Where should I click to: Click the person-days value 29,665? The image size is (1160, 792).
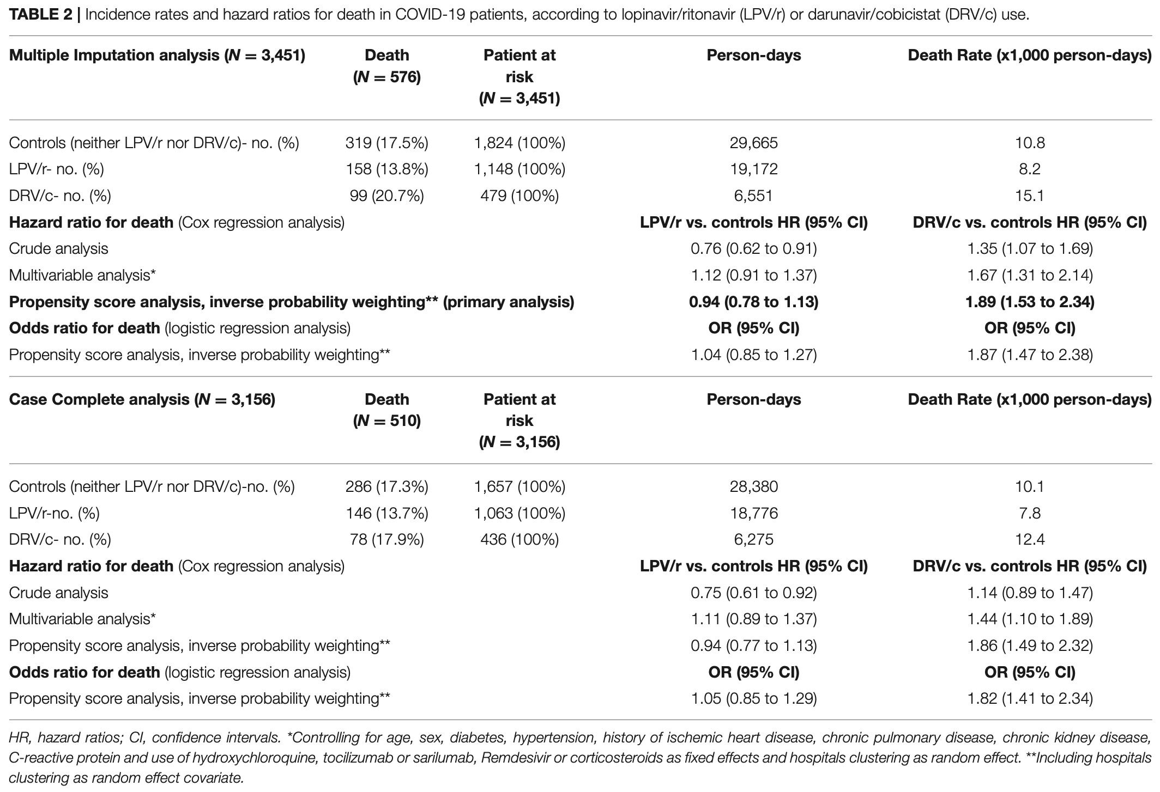tap(753, 143)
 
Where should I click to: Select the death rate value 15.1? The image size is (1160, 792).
tap(1030, 196)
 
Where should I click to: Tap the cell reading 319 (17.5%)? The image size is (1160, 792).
tap(387, 143)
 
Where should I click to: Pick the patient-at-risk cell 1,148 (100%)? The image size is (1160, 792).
tap(519, 169)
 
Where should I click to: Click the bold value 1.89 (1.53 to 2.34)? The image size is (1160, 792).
tap(1030, 302)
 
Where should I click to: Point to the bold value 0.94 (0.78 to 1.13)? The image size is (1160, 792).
tap(753, 302)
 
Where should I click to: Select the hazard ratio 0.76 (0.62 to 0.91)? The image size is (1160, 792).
tap(753, 249)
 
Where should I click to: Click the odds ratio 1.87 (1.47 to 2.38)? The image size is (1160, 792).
tap(1030, 355)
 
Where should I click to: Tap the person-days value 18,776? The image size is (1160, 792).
tap(753, 513)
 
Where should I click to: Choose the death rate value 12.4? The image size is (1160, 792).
tap(1030, 539)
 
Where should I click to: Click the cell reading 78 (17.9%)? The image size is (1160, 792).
tap(387, 539)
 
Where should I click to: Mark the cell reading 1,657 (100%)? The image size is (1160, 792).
tap(519, 486)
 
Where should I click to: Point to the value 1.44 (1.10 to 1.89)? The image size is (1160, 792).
tap(1030, 619)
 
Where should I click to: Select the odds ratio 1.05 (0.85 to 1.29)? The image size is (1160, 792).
tap(753, 698)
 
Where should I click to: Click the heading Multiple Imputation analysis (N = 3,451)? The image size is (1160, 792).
tap(157, 56)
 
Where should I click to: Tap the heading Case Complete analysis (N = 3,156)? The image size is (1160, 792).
tap(142, 399)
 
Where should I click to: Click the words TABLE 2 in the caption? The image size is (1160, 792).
tap(41, 15)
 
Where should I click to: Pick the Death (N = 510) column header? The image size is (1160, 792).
tap(387, 410)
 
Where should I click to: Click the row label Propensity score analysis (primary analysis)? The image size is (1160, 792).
tap(292, 302)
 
